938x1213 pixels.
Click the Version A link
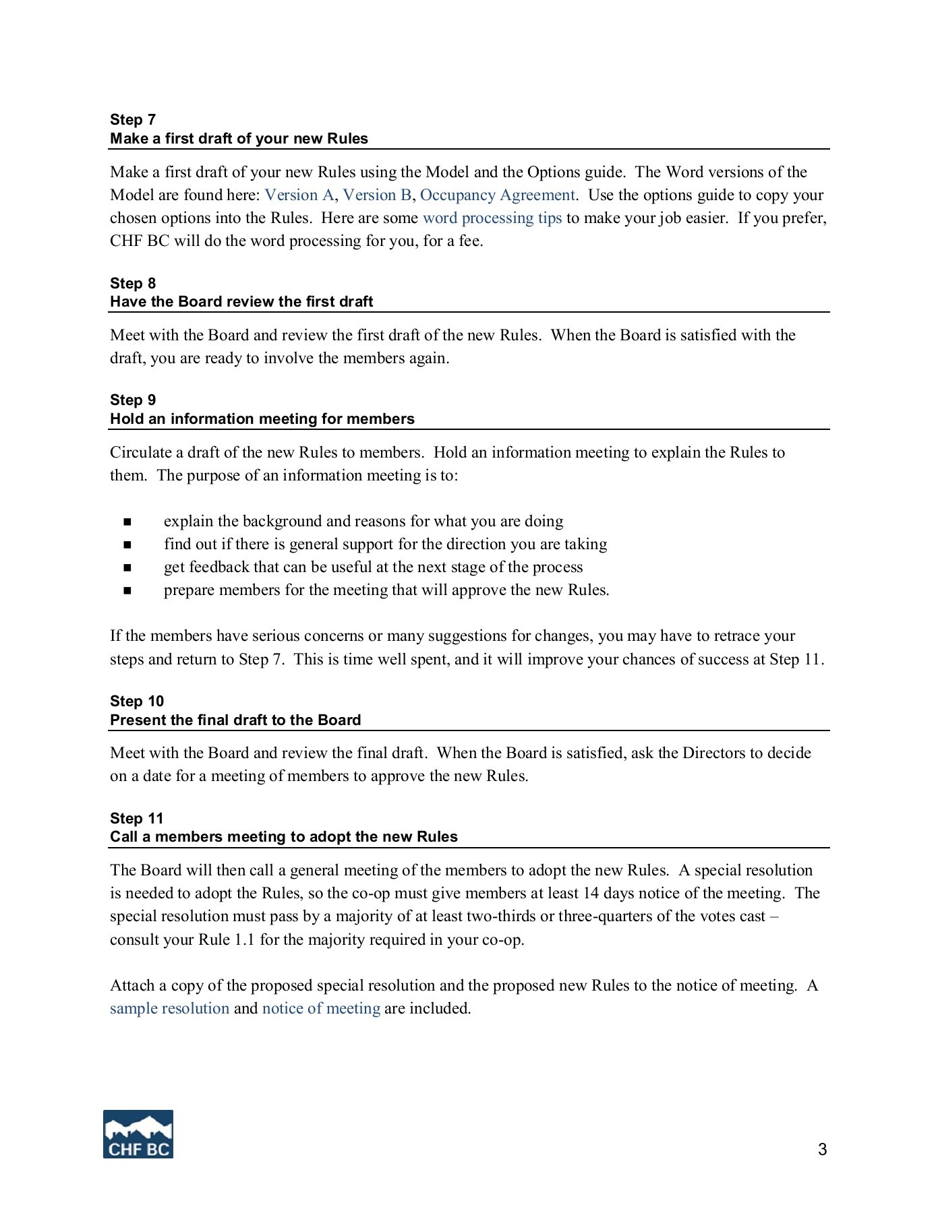click(299, 195)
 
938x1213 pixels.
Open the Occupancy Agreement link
click(497, 195)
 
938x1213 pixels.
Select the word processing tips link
click(492, 218)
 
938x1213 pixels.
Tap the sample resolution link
click(169, 1009)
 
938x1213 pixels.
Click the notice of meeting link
click(321, 1009)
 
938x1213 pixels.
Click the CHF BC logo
click(138, 1134)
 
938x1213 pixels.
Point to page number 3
click(822, 1150)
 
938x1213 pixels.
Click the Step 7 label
click(133, 120)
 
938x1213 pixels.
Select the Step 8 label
click(133, 284)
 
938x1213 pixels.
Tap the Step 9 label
click(133, 400)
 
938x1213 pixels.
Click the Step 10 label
click(137, 702)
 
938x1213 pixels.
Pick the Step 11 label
click(137, 819)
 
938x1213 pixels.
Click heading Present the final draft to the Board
click(235, 720)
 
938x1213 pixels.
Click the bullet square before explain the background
click(127, 522)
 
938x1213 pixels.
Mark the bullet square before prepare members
click(127, 591)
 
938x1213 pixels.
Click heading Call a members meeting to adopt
click(283, 837)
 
